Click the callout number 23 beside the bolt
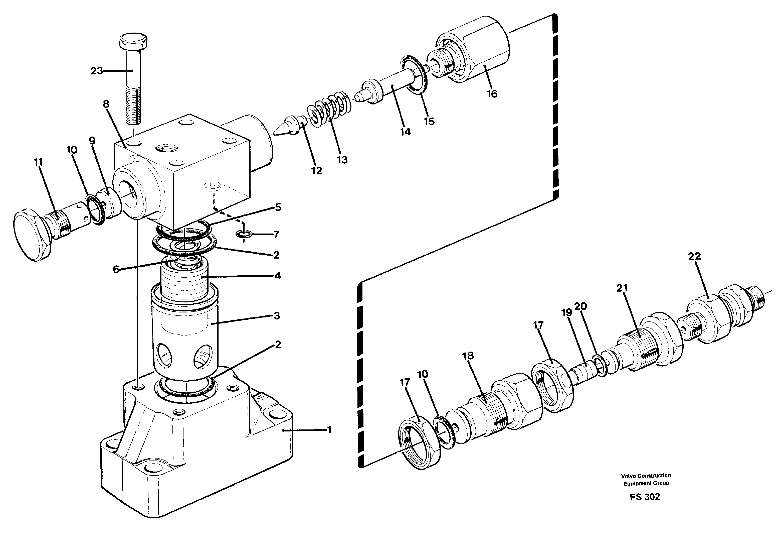(x=96, y=71)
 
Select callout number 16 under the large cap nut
(x=492, y=93)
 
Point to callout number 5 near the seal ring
(x=278, y=207)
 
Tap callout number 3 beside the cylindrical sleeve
(x=277, y=316)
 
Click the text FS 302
(x=645, y=497)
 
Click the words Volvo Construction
(x=646, y=476)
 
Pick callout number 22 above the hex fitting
(x=694, y=256)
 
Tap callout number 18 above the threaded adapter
(x=468, y=356)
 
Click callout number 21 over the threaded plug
(x=622, y=288)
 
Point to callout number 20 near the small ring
(x=580, y=306)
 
